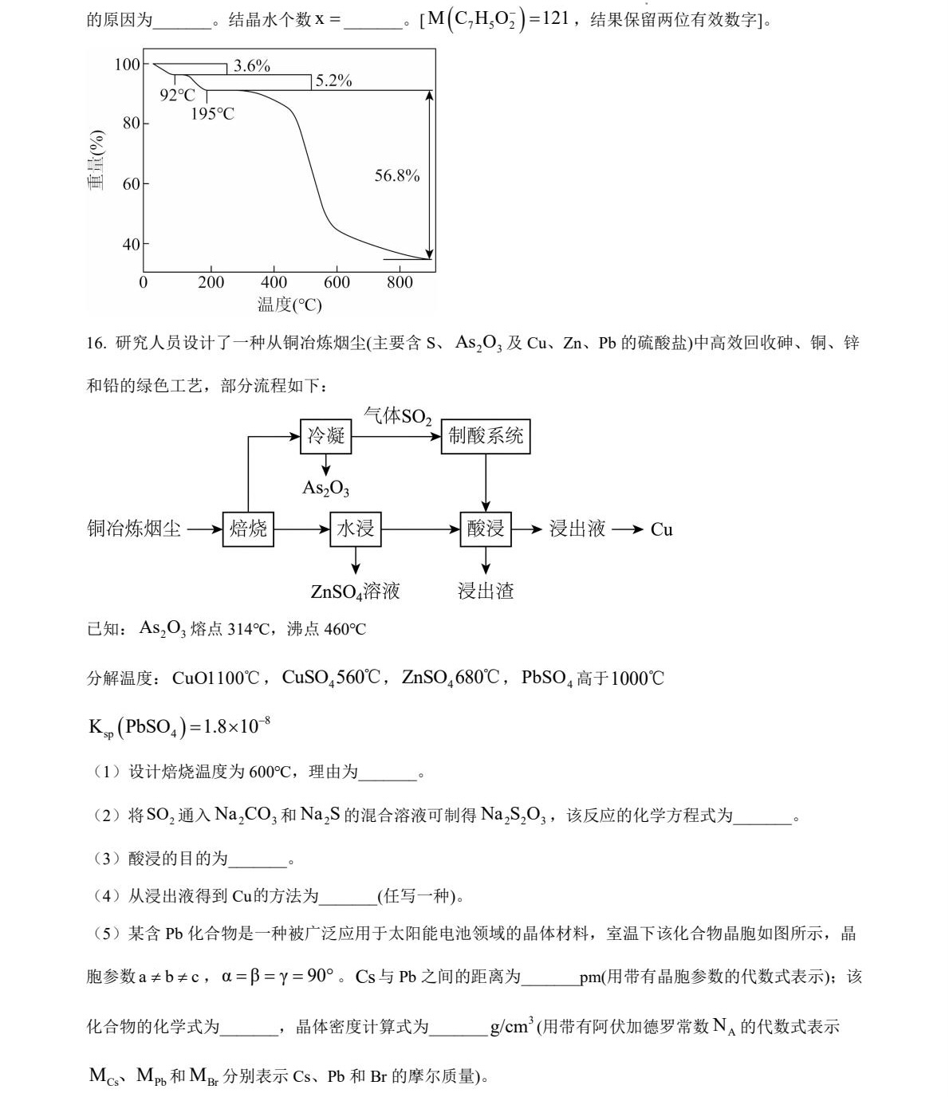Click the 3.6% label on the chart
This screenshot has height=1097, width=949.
251,66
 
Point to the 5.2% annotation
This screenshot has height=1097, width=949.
333,81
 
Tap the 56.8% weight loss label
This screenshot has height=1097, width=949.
396,175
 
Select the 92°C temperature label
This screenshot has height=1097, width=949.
177,95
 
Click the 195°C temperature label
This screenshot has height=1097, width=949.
212,114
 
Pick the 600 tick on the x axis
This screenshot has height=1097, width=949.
337,282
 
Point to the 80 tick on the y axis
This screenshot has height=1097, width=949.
131,124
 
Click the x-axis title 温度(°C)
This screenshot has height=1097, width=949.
289,305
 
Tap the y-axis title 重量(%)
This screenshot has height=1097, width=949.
96,160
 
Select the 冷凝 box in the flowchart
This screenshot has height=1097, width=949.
325,436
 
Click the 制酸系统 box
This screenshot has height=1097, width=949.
485,436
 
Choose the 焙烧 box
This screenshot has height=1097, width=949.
248,529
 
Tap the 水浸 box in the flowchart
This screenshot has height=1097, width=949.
355,529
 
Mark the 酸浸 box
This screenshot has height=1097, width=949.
485,529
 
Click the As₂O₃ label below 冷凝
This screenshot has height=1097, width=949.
325,488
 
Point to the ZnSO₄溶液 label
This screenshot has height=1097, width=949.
355,591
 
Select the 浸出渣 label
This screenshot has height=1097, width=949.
485,591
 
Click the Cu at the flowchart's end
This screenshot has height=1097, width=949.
661,529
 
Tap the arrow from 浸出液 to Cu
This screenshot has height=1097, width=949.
628,529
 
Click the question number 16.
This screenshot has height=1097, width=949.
96,344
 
